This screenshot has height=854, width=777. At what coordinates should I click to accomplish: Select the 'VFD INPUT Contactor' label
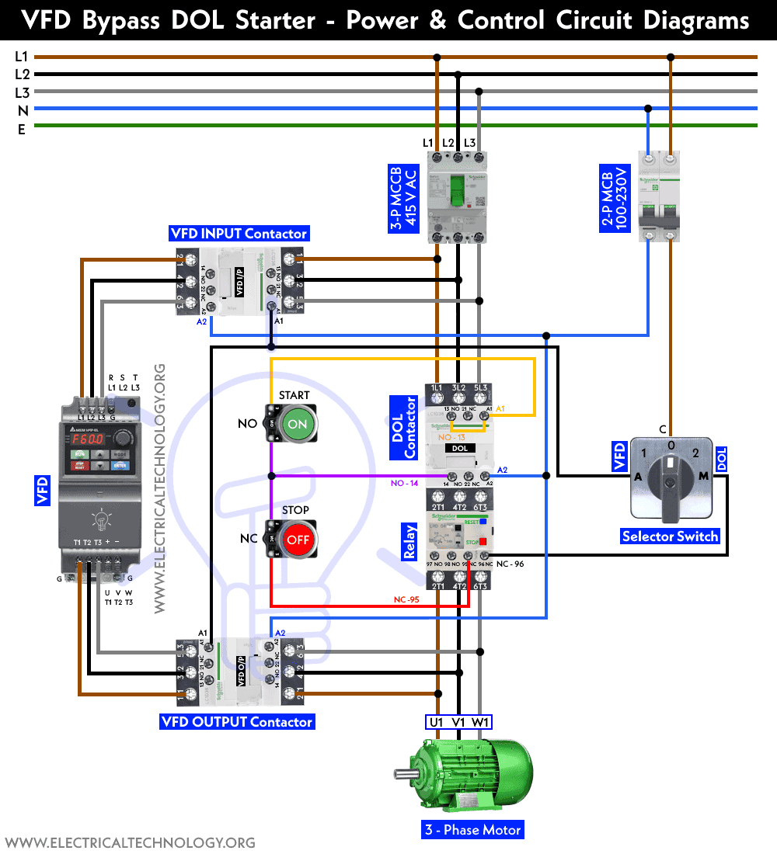point(239,234)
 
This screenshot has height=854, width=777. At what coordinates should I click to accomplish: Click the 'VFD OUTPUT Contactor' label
point(237,722)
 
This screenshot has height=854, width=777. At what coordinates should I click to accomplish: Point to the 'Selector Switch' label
point(670,536)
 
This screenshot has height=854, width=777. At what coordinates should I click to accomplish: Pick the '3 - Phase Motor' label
point(472,830)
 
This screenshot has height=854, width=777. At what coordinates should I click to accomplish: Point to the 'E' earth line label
point(22,130)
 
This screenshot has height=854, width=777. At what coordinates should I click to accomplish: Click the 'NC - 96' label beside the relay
point(509,564)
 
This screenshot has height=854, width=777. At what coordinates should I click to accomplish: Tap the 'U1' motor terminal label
point(437,723)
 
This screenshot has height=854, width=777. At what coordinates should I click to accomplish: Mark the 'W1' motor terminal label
point(482,723)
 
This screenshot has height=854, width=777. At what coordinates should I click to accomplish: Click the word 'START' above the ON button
point(294,395)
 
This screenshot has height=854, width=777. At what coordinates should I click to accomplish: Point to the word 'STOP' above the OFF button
point(295,510)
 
